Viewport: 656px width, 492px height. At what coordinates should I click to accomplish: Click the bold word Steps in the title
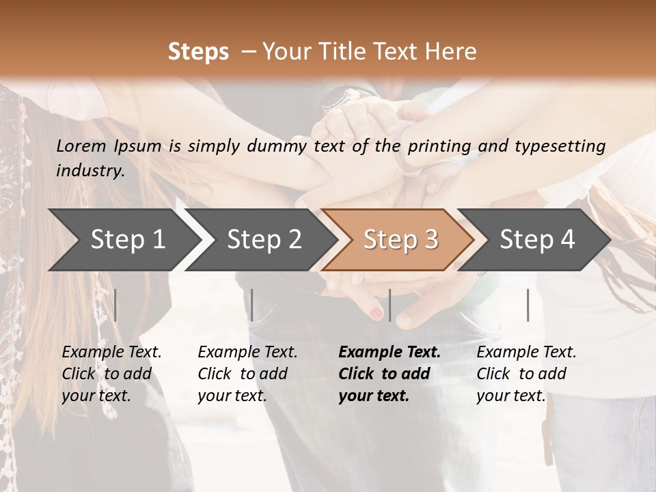click(x=198, y=52)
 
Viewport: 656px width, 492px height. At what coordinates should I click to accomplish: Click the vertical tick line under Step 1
click(x=115, y=305)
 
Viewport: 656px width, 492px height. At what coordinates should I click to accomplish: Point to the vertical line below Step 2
click(x=252, y=305)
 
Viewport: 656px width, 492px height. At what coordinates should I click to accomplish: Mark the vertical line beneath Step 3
click(x=389, y=305)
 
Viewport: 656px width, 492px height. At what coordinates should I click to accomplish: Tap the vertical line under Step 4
click(x=528, y=305)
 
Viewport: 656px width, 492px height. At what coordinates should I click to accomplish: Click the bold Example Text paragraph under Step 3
click(x=389, y=374)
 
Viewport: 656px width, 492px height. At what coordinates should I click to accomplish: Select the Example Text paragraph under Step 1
click(x=111, y=374)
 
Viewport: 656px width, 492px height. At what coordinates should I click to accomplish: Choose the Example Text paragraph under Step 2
click(x=247, y=374)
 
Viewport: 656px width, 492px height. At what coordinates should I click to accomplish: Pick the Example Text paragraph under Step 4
click(x=526, y=374)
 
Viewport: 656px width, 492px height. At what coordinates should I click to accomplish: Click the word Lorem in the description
click(x=81, y=146)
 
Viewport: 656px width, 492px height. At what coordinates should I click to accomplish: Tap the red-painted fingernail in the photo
click(x=376, y=314)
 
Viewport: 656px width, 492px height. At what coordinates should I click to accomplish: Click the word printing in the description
click(x=439, y=146)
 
